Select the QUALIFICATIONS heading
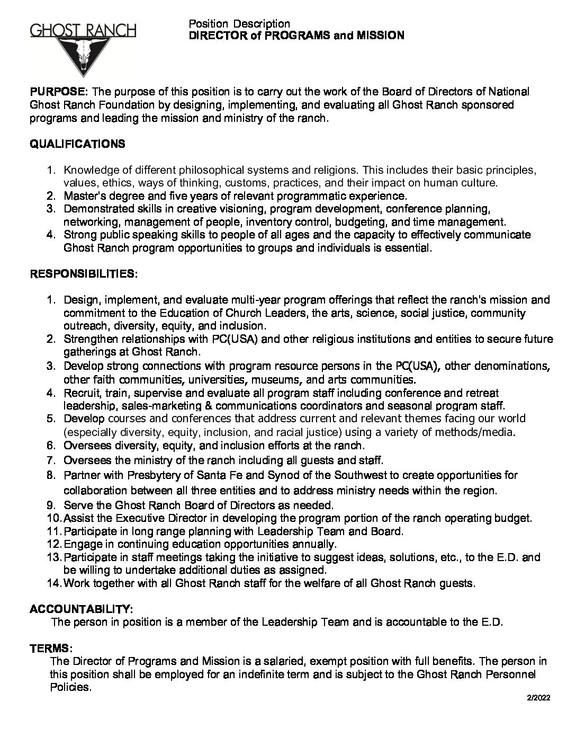coord(77,144)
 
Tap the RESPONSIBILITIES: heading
coord(83,274)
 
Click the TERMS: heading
coord(50,648)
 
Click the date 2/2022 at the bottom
coord(538,698)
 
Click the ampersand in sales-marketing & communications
coord(187,406)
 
